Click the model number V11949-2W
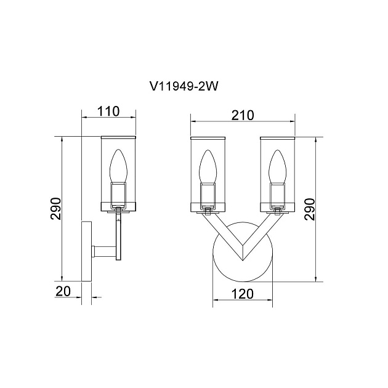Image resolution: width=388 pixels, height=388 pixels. (x=184, y=87)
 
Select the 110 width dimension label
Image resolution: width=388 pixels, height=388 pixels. (x=108, y=111)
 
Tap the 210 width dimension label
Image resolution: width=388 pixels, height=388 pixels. (x=243, y=115)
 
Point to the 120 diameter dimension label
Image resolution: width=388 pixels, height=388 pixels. (x=243, y=294)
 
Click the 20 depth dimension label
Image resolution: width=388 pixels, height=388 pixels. (x=63, y=291)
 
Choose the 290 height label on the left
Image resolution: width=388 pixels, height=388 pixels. (x=55, y=209)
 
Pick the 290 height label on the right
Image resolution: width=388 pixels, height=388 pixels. (x=310, y=209)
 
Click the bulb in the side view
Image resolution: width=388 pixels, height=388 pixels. (x=118, y=166)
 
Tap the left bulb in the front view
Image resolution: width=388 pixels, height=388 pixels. (x=208, y=167)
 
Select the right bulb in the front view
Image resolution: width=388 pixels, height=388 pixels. (x=277, y=167)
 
